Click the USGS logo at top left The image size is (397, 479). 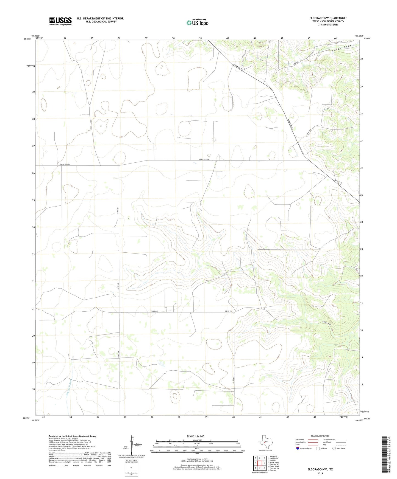point(60,21)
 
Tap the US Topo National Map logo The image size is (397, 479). point(197,22)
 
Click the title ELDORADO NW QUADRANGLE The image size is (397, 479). point(324,18)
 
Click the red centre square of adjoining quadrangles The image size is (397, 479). point(260,463)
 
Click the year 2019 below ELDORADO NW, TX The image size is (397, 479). point(320,473)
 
